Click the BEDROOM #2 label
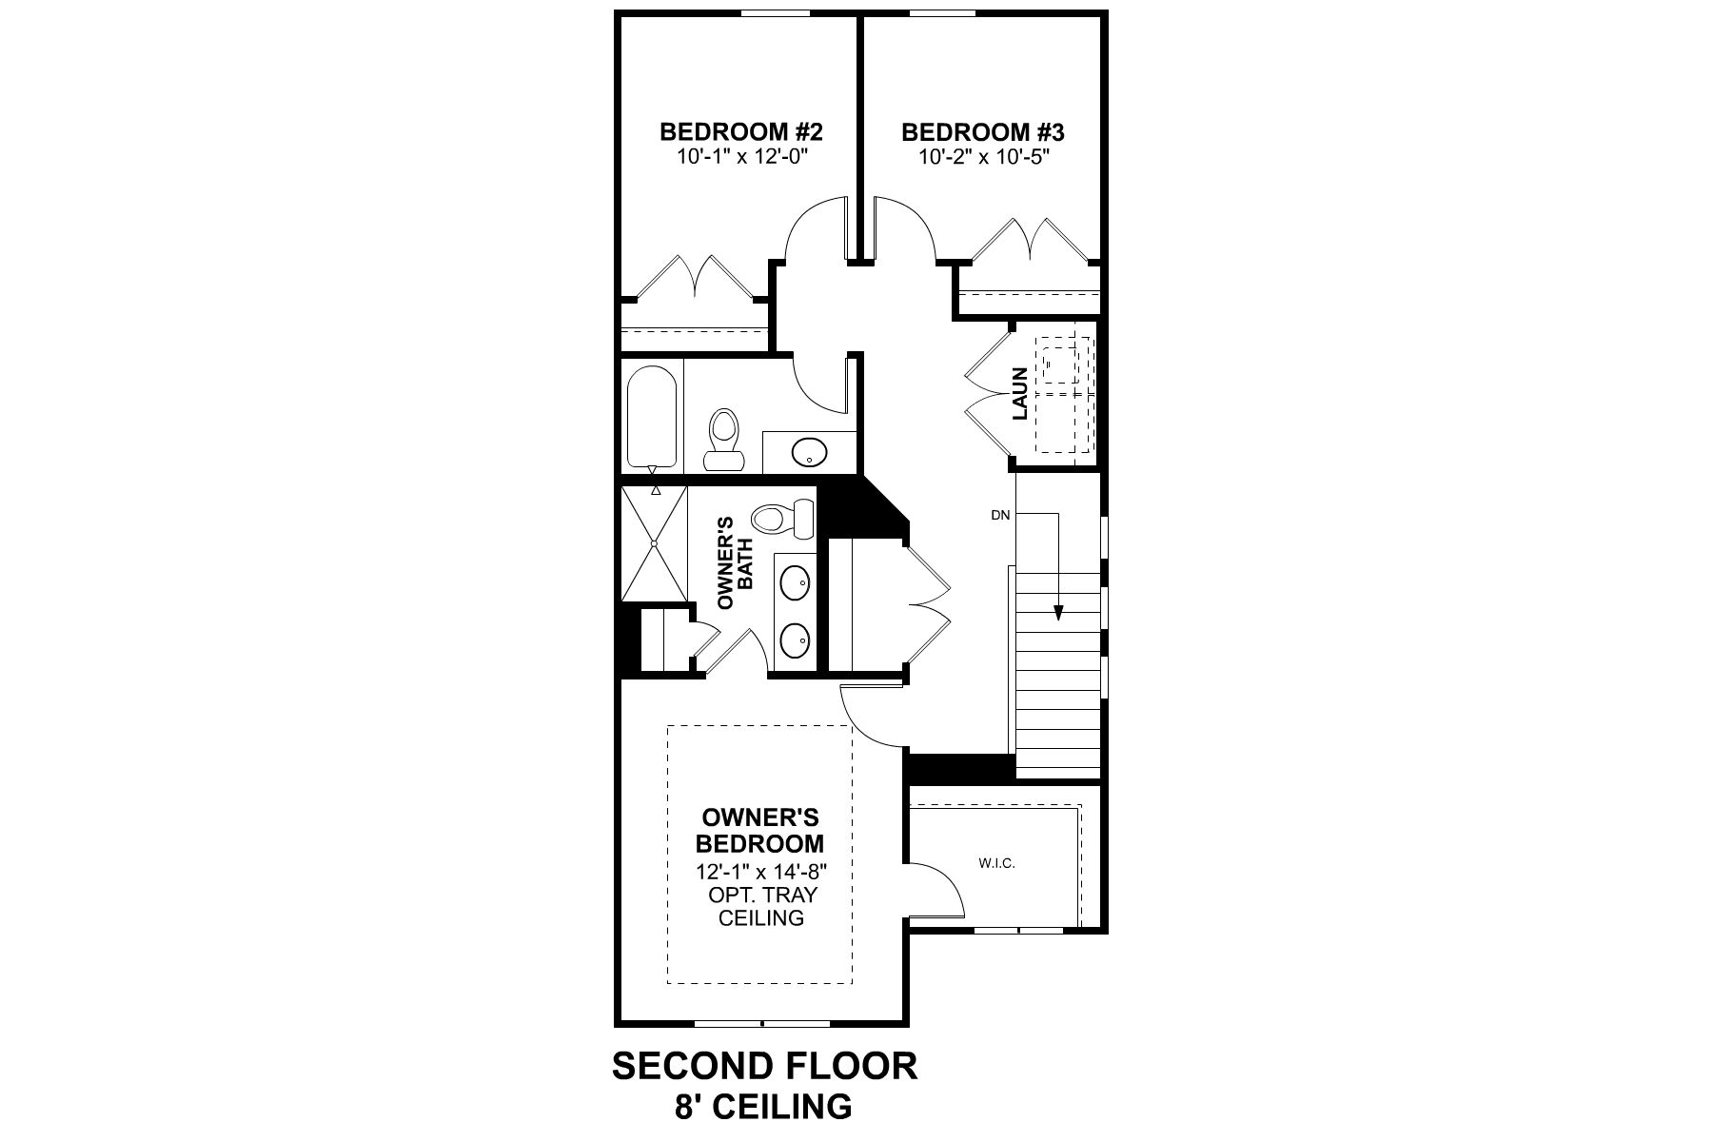click(740, 131)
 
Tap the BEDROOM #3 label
click(981, 131)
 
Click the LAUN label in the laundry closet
click(1020, 394)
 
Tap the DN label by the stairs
click(999, 515)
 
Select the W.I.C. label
click(996, 864)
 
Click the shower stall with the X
click(654, 543)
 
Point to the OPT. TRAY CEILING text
click(760, 906)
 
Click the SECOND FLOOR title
click(764, 1065)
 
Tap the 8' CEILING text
click(764, 1106)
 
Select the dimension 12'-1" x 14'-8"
click(760, 872)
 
